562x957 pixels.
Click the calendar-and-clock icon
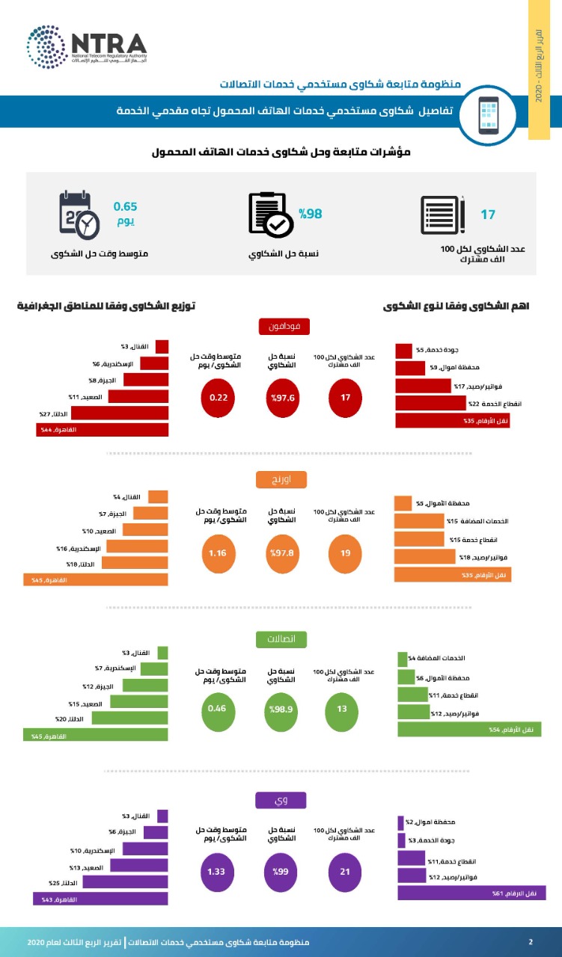[x=79, y=215]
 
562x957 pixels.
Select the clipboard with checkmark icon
[x=269, y=215]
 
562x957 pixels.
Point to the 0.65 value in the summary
[x=125, y=206]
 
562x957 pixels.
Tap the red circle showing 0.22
[x=219, y=398]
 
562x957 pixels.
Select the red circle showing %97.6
[x=282, y=398]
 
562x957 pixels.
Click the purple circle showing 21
[x=345, y=872]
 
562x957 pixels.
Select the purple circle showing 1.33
[x=219, y=872]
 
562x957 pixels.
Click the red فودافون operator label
[x=281, y=327]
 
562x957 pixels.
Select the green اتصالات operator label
[x=281, y=639]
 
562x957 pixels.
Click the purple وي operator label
[x=281, y=800]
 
